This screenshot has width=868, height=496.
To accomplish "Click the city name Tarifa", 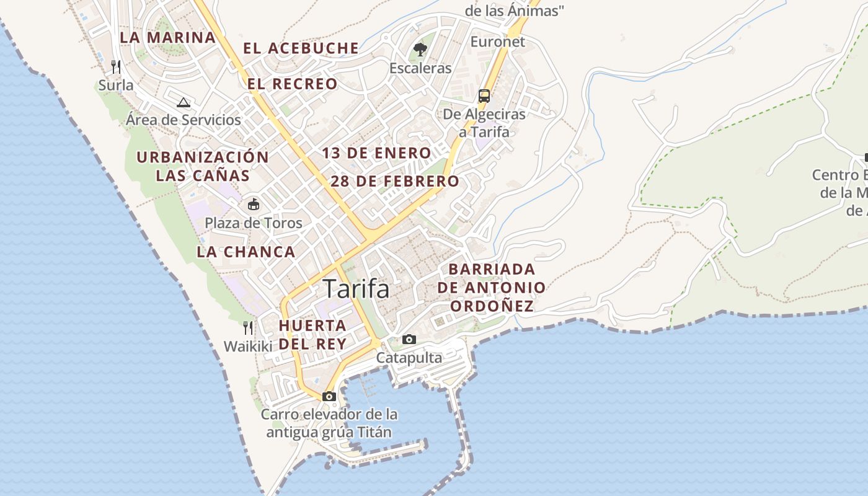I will (x=356, y=289).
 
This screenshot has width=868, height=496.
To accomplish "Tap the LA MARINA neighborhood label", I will (x=167, y=37).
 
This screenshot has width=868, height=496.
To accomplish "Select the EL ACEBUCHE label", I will (x=301, y=48).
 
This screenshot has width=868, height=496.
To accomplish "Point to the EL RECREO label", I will (x=293, y=84).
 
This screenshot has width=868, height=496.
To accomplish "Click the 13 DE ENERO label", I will (x=376, y=153).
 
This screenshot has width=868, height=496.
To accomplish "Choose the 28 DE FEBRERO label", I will (x=395, y=182).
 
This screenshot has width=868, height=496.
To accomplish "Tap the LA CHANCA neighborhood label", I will (x=246, y=252).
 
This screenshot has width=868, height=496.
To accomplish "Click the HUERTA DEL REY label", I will (x=312, y=334).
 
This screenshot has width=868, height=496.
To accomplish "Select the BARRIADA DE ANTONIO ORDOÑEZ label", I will (x=492, y=288).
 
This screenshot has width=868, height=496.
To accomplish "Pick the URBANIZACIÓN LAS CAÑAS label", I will (x=203, y=166).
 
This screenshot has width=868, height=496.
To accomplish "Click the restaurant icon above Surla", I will (x=115, y=66).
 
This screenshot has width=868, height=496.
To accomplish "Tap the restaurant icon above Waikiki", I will (x=248, y=328).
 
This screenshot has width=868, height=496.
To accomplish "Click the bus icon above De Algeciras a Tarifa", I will (x=484, y=96).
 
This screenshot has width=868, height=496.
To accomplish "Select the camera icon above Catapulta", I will (x=409, y=339).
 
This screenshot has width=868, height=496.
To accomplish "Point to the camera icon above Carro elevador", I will (x=329, y=396).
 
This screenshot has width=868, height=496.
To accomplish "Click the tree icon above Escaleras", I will (x=420, y=49).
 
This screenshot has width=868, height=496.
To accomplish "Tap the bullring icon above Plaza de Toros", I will (x=254, y=204).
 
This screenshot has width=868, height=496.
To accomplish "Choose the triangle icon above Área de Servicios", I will (x=183, y=102).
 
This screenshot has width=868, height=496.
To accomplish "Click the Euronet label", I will (x=497, y=42).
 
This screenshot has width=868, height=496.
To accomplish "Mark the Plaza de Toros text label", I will (x=254, y=223).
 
